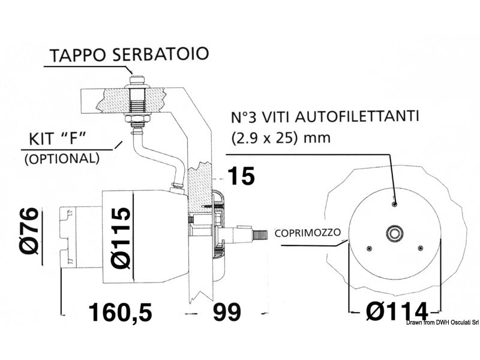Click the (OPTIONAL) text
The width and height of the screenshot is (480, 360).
61,159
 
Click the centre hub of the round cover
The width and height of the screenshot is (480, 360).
395,233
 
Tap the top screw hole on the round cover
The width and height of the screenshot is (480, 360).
394,205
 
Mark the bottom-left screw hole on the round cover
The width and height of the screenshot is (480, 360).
370,248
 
